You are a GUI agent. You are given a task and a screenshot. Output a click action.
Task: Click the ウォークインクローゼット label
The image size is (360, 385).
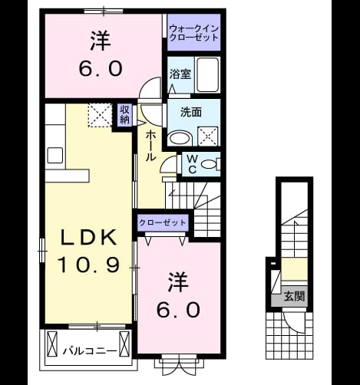[x=194, y=33]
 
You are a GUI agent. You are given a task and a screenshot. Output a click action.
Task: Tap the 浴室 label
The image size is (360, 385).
[x=180, y=74]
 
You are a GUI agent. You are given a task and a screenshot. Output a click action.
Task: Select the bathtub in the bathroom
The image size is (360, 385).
[x=208, y=74]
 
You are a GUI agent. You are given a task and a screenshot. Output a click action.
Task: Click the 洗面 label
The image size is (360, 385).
[x=191, y=112]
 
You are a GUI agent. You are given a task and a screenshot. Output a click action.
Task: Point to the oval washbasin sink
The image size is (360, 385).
[x=180, y=138]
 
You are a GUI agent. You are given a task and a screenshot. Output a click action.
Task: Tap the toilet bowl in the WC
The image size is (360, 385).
[x=209, y=164]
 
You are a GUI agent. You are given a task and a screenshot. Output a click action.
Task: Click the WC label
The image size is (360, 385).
[x=192, y=164]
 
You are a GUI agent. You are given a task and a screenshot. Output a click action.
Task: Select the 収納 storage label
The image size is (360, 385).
[x=124, y=114]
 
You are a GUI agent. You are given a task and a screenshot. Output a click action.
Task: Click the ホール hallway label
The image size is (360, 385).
[x=150, y=146]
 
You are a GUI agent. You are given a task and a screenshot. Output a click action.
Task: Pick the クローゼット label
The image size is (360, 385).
[x=162, y=222]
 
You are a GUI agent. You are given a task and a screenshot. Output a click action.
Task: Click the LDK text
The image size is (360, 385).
[x=89, y=238]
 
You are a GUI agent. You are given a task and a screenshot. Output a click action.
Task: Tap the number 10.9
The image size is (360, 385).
[x=89, y=265]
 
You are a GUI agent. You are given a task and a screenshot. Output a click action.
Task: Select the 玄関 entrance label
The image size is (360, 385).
[x=295, y=296]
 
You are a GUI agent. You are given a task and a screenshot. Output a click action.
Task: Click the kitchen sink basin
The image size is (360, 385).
[x=55, y=155]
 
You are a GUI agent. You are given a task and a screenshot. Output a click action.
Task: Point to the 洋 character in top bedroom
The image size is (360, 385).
[x=101, y=41]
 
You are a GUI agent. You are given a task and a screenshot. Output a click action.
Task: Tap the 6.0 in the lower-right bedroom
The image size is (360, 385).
[x=178, y=310]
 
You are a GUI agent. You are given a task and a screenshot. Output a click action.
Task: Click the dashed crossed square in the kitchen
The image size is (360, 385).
[x=100, y=115]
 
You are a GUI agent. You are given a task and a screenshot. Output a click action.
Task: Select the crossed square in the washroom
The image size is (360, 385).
[x=208, y=137]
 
